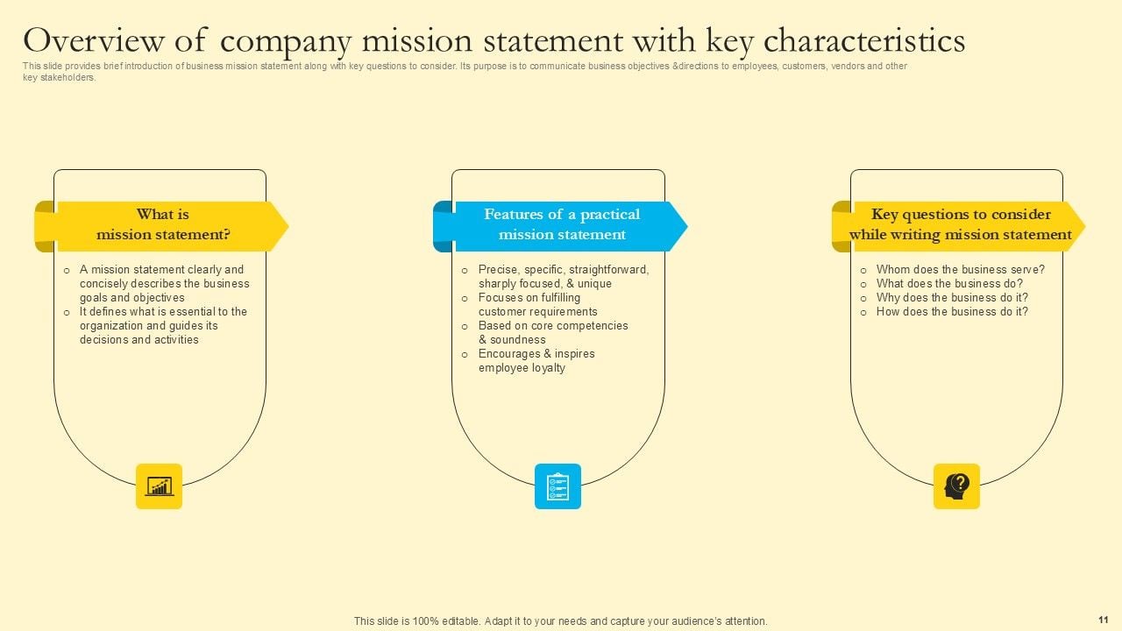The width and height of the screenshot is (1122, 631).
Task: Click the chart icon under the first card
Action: pyautogui.click(x=159, y=486)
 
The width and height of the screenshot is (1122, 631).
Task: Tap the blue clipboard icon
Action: pyautogui.click(x=557, y=486)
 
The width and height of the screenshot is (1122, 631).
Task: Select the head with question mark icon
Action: pyautogui.click(x=956, y=486)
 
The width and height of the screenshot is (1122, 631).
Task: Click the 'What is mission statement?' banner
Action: pyautogui.click(x=163, y=225)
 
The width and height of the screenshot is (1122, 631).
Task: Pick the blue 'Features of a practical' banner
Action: pyautogui.click(x=562, y=225)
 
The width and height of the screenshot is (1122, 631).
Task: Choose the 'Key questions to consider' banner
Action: pyautogui.click(x=960, y=225)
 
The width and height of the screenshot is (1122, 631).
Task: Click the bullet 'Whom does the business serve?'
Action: pyautogui.click(x=960, y=270)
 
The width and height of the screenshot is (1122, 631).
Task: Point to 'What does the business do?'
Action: pyautogui.click(x=949, y=284)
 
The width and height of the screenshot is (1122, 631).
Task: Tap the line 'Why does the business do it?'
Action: pyautogui.click(x=952, y=298)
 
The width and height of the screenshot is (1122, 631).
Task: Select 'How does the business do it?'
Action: pyautogui.click(x=952, y=312)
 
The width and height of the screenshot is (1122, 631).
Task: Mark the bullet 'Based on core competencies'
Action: pyautogui.click(x=552, y=332)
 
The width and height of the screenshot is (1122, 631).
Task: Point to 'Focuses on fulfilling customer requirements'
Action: pyautogui.click(x=537, y=305)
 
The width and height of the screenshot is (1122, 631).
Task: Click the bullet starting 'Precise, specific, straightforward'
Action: pyautogui.click(x=563, y=277)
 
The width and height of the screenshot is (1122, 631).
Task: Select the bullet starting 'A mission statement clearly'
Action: pyautogui.click(x=164, y=283)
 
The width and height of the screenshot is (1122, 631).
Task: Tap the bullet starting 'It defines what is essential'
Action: pyautogui.click(x=163, y=325)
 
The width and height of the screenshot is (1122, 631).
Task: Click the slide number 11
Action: pyautogui.click(x=1103, y=619)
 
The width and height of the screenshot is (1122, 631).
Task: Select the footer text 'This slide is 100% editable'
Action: pyautogui.click(x=560, y=621)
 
